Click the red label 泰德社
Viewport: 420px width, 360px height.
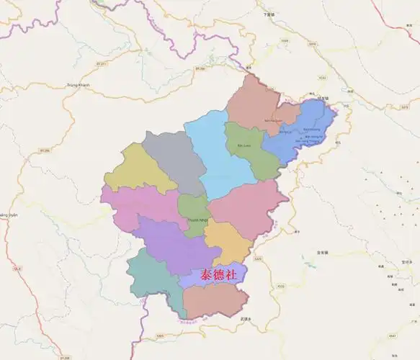213,275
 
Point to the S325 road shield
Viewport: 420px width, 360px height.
258,258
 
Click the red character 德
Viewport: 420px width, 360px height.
213,275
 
